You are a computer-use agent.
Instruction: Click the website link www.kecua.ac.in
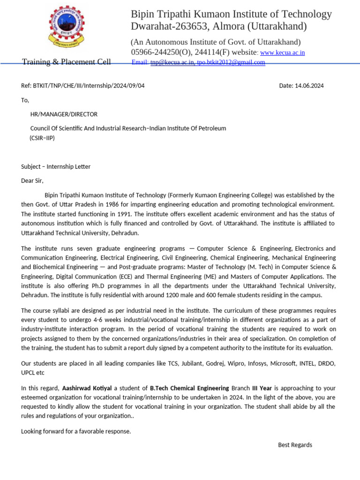click(282, 52)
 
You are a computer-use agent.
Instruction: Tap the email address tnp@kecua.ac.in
click(172, 62)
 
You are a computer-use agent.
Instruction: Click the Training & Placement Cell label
click(67, 62)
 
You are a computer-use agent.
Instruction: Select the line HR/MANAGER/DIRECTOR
click(64, 114)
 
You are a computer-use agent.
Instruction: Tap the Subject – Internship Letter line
click(56, 166)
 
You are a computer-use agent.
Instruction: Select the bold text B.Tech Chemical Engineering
click(189, 388)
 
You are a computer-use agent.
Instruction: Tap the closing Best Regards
click(295, 445)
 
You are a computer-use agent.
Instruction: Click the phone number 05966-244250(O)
click(160, 52)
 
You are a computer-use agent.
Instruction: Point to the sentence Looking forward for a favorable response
click(76, 431)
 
